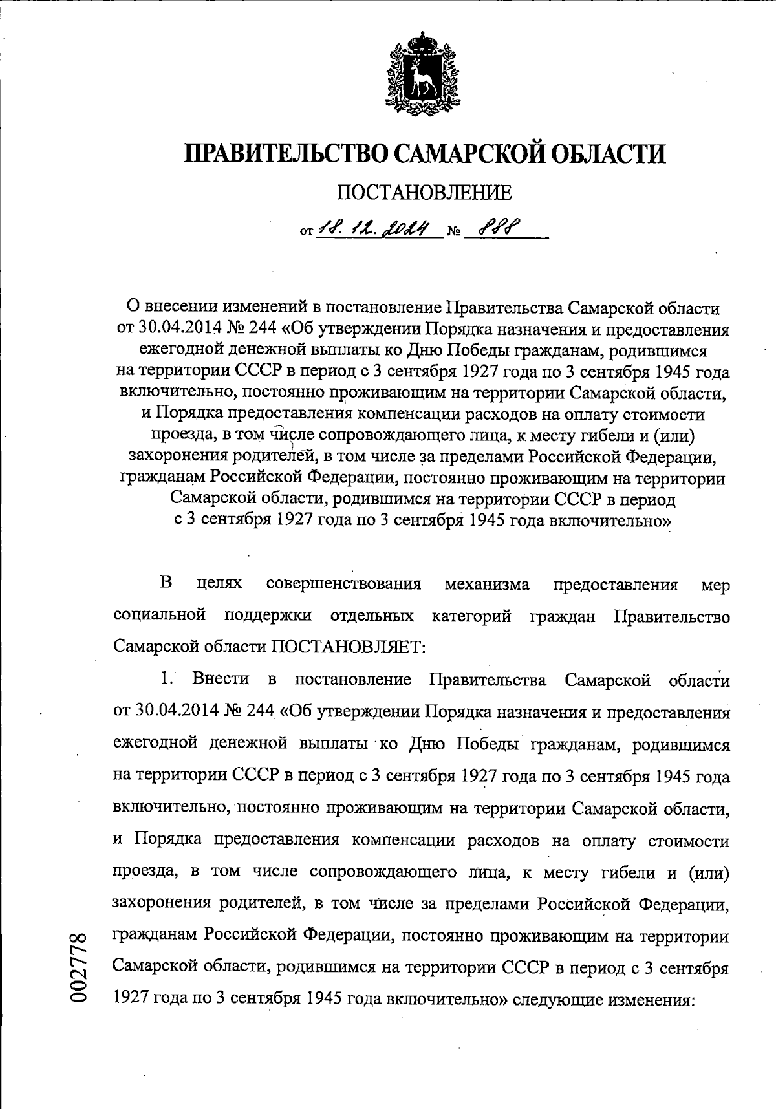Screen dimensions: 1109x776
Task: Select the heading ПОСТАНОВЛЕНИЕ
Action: tap(424, 192)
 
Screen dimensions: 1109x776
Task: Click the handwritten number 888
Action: tap(499, 227)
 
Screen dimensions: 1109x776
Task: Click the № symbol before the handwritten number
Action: tap(456, 231)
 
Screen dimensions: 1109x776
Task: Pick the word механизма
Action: tap(487, 585)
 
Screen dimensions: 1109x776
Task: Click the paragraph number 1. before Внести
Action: tap(167, 679)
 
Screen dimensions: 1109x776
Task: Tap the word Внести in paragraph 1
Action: tap(221, 679)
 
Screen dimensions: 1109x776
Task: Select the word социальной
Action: tap(160, 616)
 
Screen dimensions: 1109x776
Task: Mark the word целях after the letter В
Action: tap(219, 585)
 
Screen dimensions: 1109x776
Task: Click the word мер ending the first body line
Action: tap(715, 586)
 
